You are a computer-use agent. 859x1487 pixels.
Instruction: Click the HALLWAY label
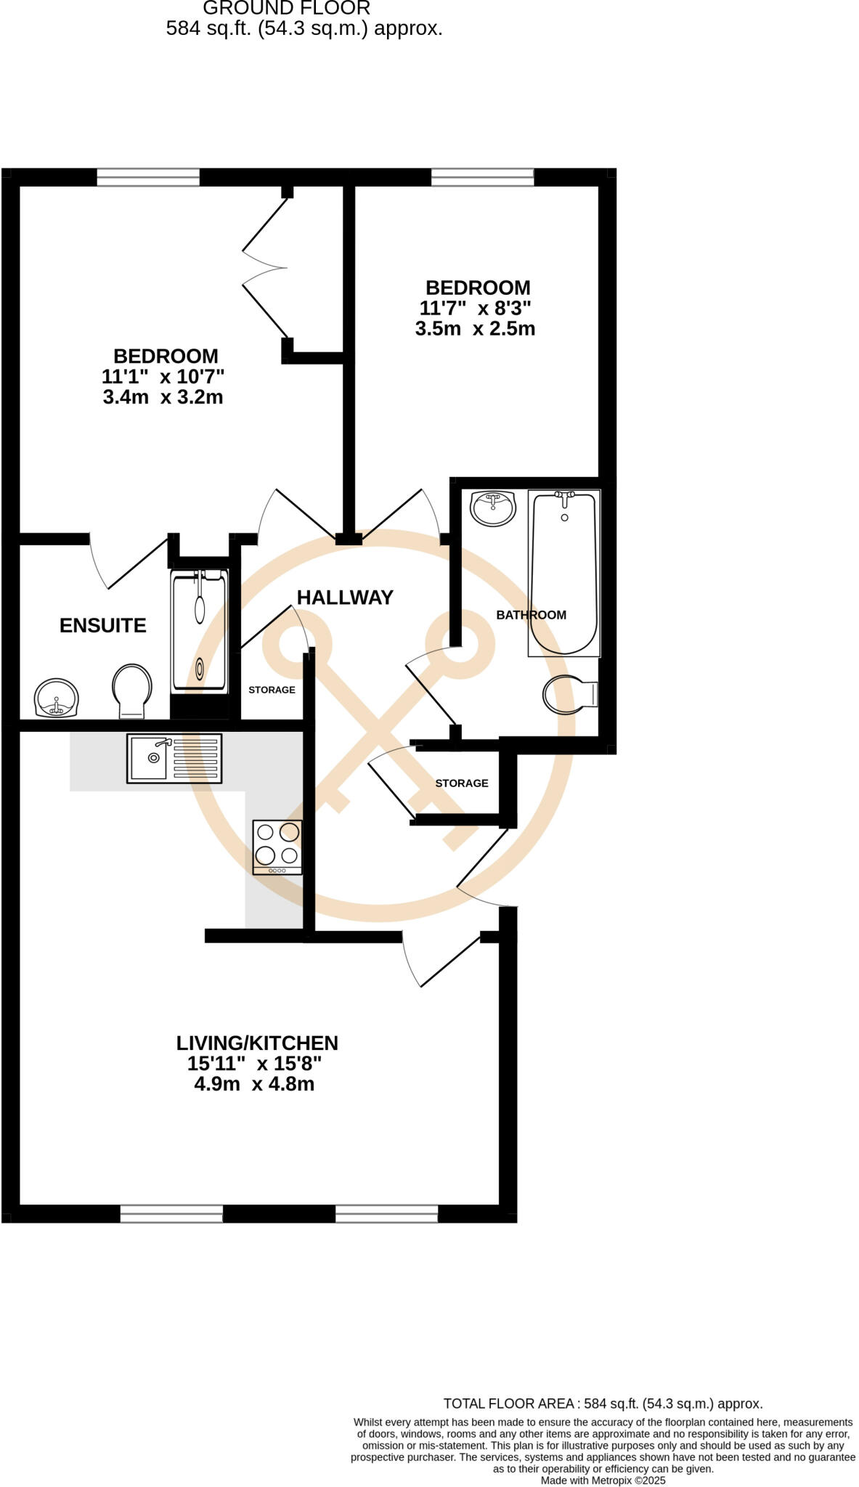click(345, 598)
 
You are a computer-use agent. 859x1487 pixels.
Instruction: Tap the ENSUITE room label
click(103, 625)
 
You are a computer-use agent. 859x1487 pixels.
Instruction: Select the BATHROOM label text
click(531, 615)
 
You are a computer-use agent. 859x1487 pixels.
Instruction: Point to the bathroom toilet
click(569, 694)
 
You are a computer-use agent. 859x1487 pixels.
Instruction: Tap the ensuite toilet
click(131, 690)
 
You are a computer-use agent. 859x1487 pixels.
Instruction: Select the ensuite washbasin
click(56, 698)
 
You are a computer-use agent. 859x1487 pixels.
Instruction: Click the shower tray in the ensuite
click(199, 630)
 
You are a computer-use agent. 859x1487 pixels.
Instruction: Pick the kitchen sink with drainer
click(174, 758)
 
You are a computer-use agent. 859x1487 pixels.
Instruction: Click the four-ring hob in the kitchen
click(277, 847)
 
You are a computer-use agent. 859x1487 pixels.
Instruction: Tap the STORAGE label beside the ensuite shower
click(272, 690)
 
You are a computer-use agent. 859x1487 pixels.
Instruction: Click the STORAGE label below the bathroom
click(462, 783)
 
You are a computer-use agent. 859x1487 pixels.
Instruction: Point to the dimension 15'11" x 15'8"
click(254, 1064)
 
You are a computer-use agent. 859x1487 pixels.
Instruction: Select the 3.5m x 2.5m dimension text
click(475, 329)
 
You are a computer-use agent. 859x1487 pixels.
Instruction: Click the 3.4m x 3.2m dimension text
click(163, 397)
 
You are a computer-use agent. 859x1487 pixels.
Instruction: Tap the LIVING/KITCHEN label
click(257, 1043)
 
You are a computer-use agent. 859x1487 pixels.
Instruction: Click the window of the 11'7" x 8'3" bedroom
click(482, 176)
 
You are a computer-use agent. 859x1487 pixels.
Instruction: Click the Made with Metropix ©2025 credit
click(603, 1480)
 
